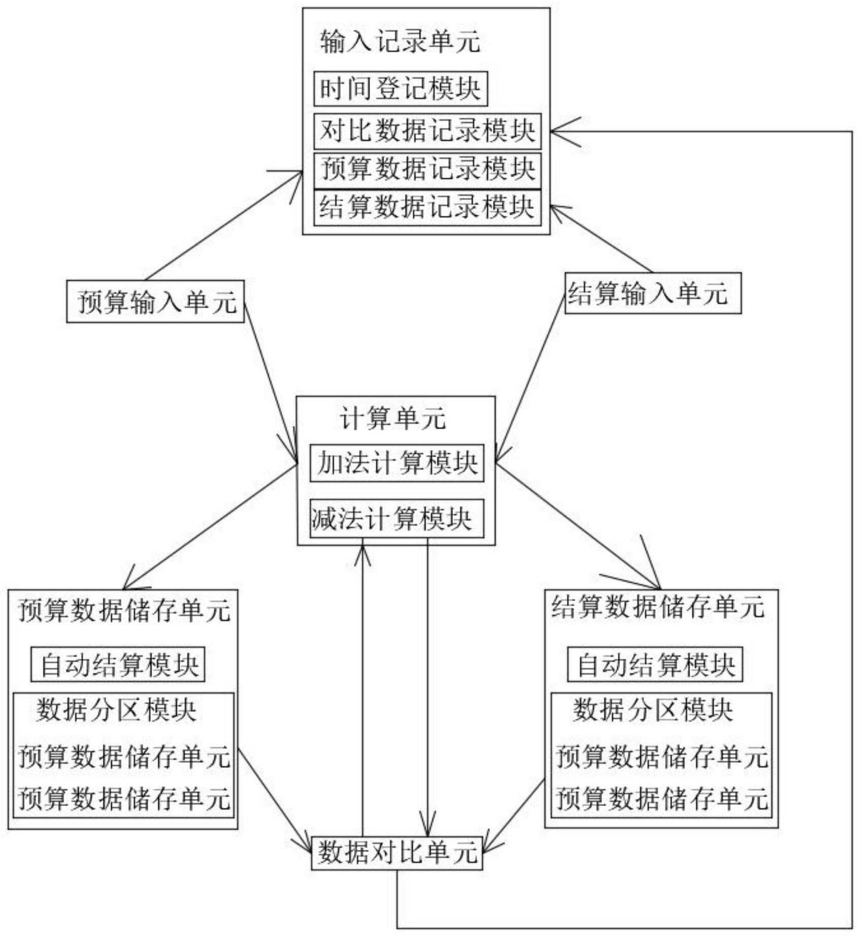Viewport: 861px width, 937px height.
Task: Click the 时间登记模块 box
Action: pyautogui.click(x=401, y=89)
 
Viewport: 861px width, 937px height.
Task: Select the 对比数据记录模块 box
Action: pyautogui.click(x=427, y=131)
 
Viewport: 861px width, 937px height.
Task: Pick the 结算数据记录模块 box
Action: pyautogui.click(x=427, y=208)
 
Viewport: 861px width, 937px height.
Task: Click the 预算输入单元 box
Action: pyautogui.click(x=155, y=302)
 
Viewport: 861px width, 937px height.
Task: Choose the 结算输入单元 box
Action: pyautogui.click(x=653, y=293)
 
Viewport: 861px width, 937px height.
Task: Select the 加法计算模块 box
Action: pyautogui.click(x=397, y=463)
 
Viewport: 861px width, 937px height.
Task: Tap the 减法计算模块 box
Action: pyautogui.click(x=397, y=519)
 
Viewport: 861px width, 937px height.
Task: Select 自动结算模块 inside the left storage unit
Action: pyautogui.click(x=118, y=664)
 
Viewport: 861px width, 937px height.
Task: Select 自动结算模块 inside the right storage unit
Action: pyautogui.click(x=655, y=664)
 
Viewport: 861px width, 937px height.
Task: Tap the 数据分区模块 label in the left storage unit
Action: pyautogui.click(x=116, y=709)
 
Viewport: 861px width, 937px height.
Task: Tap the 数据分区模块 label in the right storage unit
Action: pyautogui.click(x=653, y=709)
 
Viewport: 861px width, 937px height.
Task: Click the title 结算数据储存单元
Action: pyautogui.click(x=658, y=607)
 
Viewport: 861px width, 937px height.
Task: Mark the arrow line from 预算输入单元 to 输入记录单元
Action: pyautogui.click(x=224, y=226)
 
